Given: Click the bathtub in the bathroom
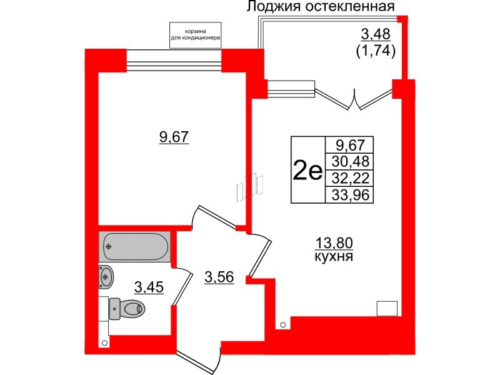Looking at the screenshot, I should [134, 246].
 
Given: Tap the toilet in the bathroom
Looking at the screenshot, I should [127, 307].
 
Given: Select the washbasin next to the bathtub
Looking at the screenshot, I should [107, 274].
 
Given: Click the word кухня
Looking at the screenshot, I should [332, 257].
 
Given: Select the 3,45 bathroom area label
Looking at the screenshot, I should [150, 287].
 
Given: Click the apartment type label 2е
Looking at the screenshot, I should [307, 170].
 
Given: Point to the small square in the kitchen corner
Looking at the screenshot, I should [387, 307].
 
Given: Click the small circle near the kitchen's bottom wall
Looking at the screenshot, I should [283, 325].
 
